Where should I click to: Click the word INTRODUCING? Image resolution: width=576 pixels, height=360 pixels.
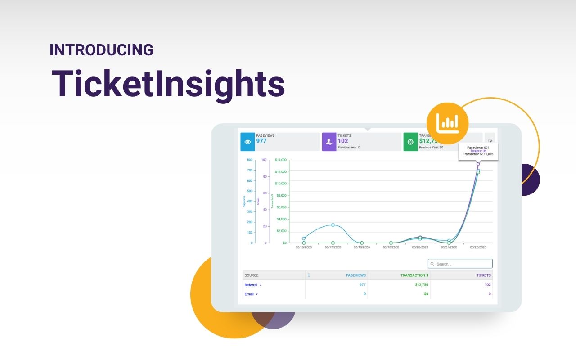(101, 50)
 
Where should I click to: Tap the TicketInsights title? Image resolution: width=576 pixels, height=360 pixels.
(168, 84)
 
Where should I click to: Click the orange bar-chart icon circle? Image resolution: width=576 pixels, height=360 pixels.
(447, 123)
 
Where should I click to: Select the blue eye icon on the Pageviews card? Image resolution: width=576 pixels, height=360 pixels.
(247, 142)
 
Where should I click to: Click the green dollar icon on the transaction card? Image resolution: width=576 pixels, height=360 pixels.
(410, 142)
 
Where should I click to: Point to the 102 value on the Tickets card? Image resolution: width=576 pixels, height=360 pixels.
(343, 141)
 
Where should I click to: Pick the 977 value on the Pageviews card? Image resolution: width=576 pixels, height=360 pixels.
(261, 141)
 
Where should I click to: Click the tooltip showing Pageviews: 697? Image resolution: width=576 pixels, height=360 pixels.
(478, 151)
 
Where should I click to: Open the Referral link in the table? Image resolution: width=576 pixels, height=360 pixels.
(251, 285)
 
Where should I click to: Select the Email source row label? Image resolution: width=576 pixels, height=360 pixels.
(249, 294)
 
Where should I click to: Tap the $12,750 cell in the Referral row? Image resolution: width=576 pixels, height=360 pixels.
(421, 285)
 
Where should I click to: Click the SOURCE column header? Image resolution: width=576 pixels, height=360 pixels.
(252, 275)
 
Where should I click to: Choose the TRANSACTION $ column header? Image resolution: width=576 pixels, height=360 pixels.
(414, 275)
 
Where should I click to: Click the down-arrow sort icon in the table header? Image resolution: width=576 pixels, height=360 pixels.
(309, 275)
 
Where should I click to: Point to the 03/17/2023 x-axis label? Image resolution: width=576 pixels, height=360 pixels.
(333, 247)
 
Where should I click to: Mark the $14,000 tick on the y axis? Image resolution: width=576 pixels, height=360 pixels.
(281, 160)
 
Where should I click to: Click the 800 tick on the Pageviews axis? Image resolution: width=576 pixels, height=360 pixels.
(250, 160)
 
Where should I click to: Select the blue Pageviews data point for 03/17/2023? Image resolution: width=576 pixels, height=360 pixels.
(333, 225)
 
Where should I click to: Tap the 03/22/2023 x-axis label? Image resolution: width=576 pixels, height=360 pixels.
(477, 247)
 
